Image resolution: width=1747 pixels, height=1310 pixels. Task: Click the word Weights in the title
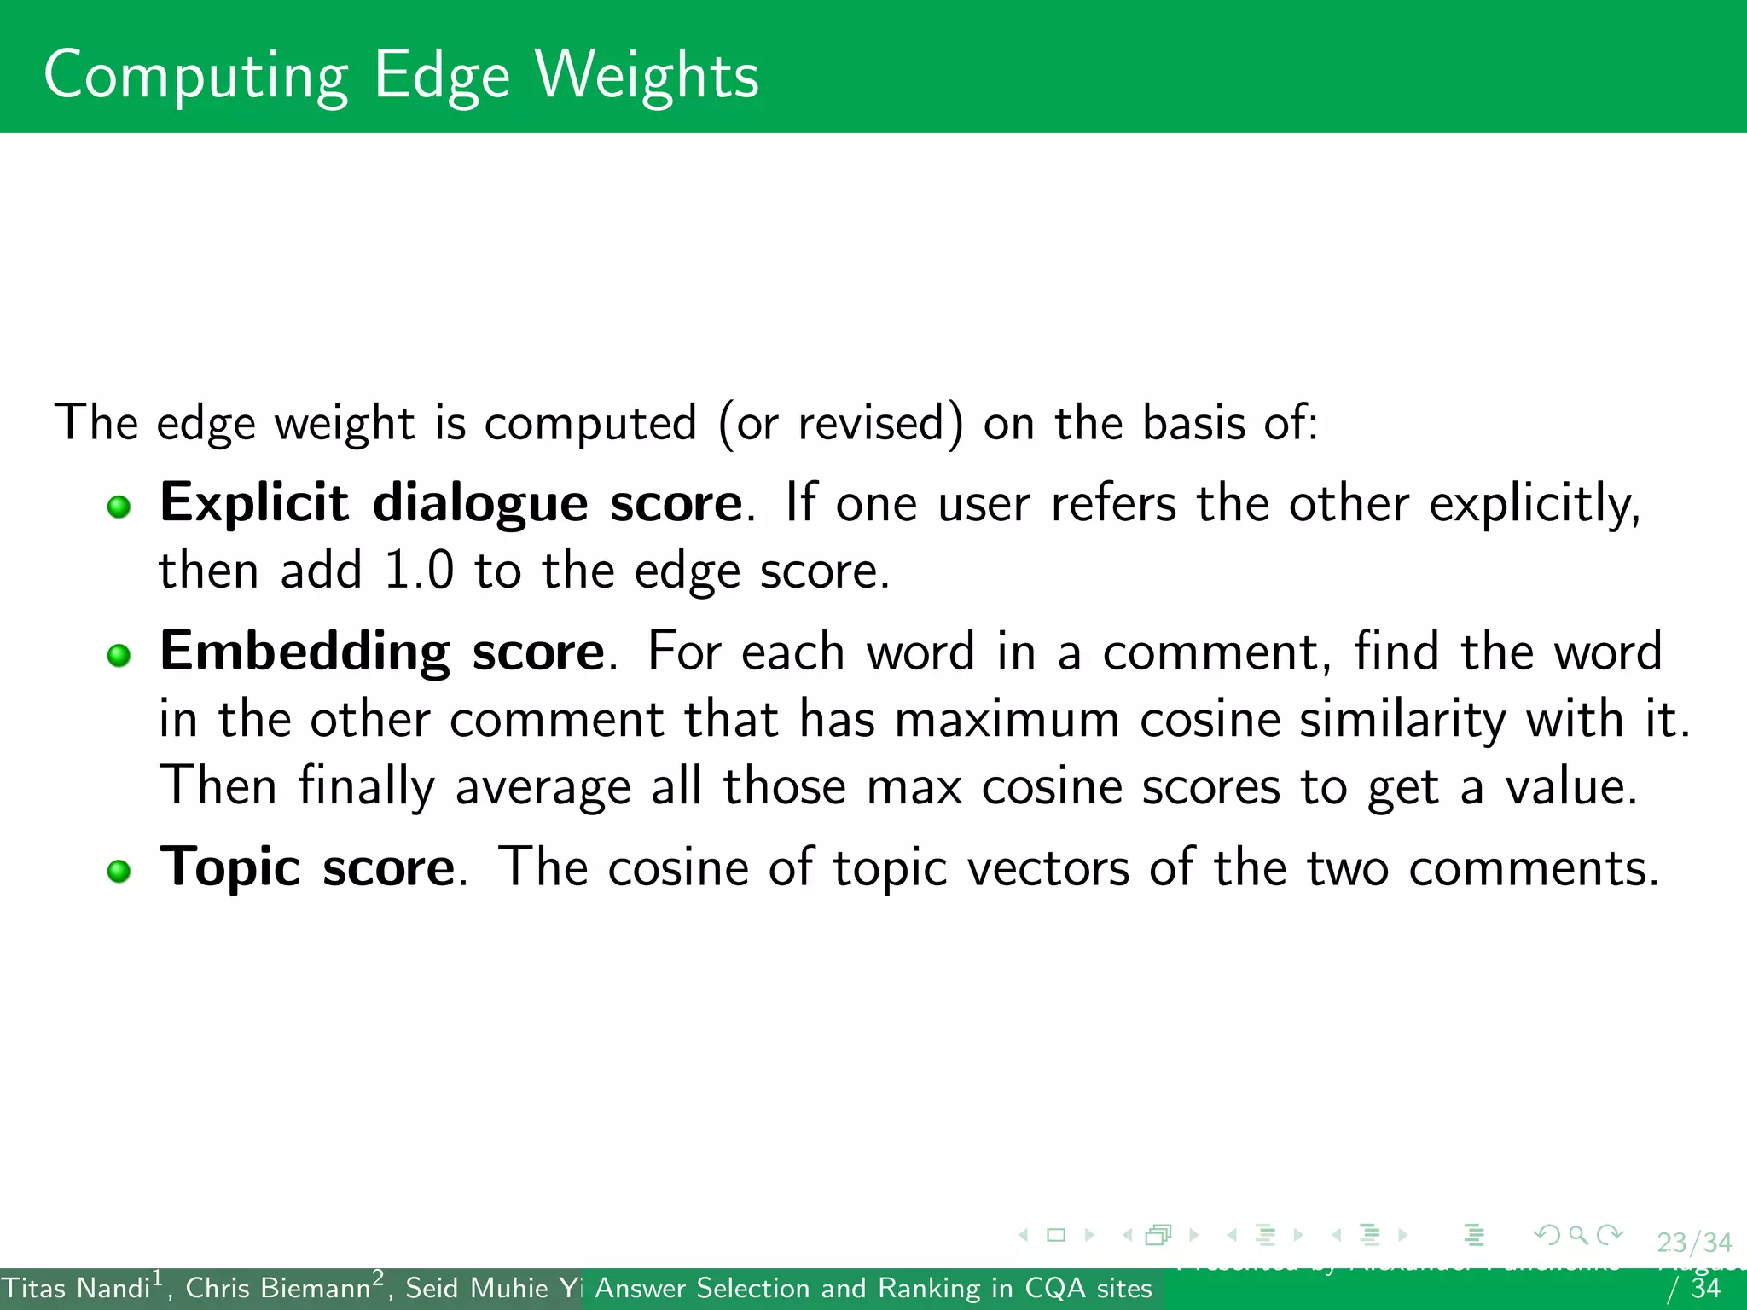coord(646,75)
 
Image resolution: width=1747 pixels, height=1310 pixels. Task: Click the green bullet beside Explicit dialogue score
coord(119,507)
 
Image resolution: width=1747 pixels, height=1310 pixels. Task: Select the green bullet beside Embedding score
coord(119,655)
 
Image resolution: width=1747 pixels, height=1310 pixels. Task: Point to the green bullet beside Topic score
coord(119,871)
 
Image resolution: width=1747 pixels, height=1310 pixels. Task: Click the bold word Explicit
coord(253,503)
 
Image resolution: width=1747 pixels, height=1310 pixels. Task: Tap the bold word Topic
coord(229,869)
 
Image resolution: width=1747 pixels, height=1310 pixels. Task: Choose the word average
coord(543,787)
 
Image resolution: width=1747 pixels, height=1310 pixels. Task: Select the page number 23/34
coord(1694,1243)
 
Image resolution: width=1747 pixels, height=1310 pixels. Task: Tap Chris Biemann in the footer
coord(278,1288)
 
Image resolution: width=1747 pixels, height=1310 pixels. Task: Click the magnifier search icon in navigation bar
coord(1578,1235)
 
